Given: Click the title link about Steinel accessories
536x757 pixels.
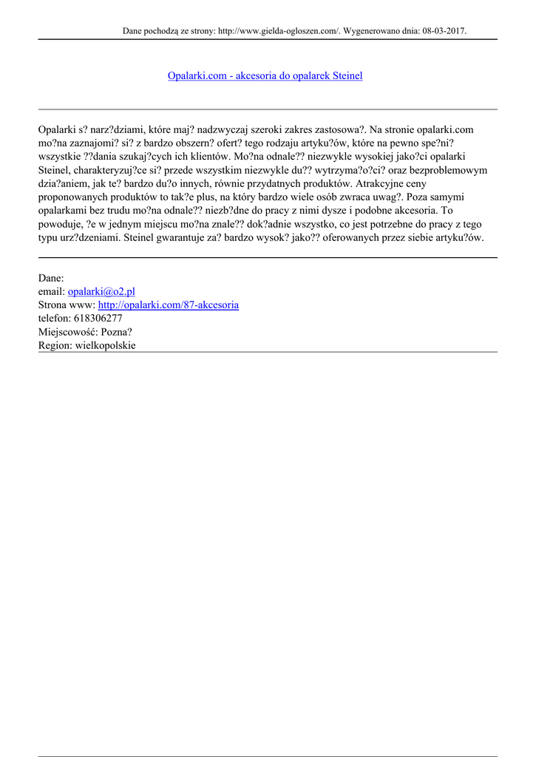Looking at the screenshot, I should click(265, 75).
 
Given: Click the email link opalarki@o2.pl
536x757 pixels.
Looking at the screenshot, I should click(101, 291).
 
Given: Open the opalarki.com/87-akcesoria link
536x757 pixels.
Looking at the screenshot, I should click(168, 305).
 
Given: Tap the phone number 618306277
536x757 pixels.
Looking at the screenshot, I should click(98, 318).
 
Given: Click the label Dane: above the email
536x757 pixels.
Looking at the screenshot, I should click(51, 278).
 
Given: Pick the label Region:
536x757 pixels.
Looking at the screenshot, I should click(55, 345).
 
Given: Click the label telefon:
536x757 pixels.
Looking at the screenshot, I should click(54, 318).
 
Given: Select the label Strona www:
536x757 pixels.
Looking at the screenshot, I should click(67, 305).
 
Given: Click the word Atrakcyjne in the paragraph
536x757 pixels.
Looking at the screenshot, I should click(381, 183).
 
